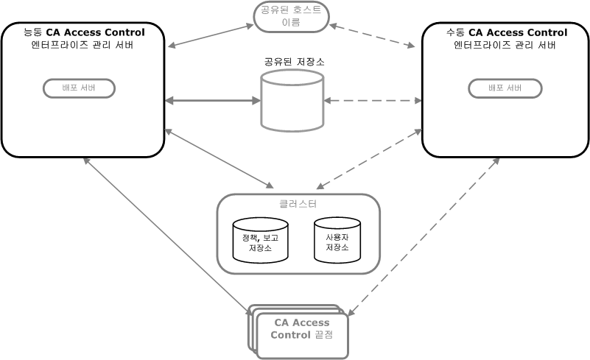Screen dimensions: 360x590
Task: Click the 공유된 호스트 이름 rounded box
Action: [291, 16]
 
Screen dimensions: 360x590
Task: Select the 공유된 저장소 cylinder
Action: [292, 101]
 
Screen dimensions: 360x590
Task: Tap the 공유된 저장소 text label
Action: [294, 62]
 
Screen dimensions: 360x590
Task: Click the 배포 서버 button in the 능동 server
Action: [79, 88]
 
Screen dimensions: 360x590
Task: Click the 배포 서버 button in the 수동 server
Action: [505, 88]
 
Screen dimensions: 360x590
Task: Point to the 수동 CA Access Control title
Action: [506, 32]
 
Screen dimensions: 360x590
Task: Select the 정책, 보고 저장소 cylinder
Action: [260, 240]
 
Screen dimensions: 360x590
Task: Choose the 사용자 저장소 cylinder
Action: [337, 240]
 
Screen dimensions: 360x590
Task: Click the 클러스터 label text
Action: [298, 204]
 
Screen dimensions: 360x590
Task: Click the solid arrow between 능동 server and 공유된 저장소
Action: [212, 100]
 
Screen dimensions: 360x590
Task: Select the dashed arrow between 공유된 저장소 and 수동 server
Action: [372, 100]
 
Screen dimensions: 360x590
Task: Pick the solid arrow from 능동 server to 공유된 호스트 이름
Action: [211, 36]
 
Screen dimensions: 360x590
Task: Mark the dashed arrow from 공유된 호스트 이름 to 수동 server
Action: [372, 36]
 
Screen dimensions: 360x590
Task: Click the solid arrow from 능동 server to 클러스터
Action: [218, 158]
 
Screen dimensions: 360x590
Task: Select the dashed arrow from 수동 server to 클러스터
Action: [368, 158]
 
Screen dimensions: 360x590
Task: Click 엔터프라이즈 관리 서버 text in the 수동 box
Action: [505, 45]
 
